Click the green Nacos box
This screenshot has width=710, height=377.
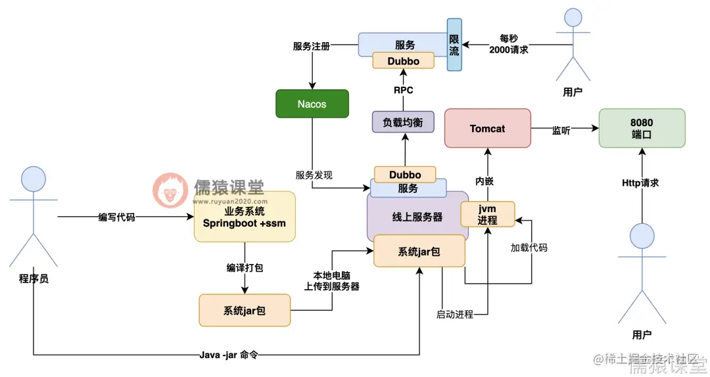pyautogui.click(x=312, y=104)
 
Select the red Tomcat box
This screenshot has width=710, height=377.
pyautogui.click(x=487, y=129)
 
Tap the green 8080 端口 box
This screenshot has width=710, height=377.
pyautogui.click(x=641, y=128)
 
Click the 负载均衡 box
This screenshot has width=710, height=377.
pyautogui.click(x=403, y=122)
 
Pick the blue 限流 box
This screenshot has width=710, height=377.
pyautogui.click(x=454, y=44)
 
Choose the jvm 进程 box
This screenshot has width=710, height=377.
pyautogui.click(x=487, y=214)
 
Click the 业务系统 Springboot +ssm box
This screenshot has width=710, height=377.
pyautogui.click(x=244, y=217)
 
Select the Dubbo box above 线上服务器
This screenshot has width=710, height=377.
pyautogui.click(x=404, y=175)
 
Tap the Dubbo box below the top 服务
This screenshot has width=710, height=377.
pyautogui.click(x=404, y=60)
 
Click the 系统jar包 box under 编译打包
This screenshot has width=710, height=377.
pyautogui.click(x=244, y=311)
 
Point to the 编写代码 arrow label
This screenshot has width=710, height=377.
pyautogui.click(x=116, y=217)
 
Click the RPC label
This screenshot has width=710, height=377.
pyautogui.click(x=404, y=90)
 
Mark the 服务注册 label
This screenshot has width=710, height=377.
pyautogui.click(x=311, y=47)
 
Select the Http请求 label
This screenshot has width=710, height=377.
pyautogui.click(x=640, y=183)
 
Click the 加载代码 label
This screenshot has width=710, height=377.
pyautogui.click(x=529, y=248)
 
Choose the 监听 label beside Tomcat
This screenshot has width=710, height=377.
pyautogui.click(x=561, y=131)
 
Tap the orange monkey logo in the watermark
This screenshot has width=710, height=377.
pyautogui.click(x=170, y=190)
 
